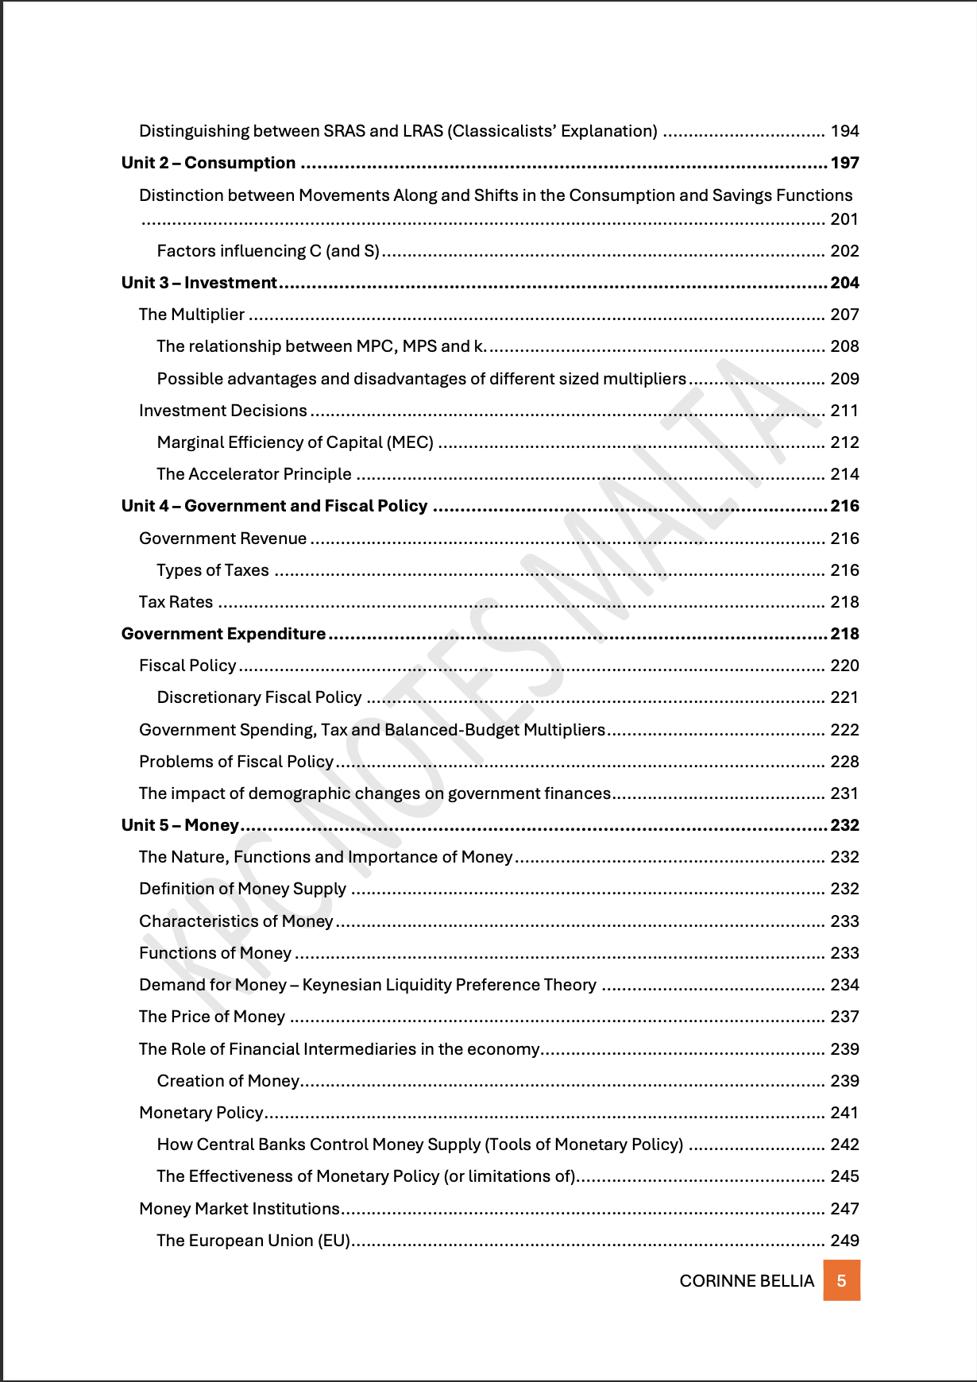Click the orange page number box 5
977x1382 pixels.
(x=841, y=1280)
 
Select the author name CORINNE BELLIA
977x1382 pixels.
(x=747, y=1281)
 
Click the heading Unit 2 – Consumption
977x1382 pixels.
(x=208, y=163)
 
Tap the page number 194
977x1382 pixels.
(x=845, y=131)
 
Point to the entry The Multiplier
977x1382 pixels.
(x=191, y=315)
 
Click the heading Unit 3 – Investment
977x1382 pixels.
(x=199, y=283)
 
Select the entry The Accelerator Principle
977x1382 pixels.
(x=254, y=474)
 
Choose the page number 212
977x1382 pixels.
(x=845, y=442)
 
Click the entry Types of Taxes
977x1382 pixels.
(x=213, y=570)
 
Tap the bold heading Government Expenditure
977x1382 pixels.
(x=223, y=634)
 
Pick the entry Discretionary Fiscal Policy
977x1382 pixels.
(x=259, y=697)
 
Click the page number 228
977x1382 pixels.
(x=845, y=762)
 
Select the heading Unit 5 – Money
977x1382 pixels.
(x=180, y=825)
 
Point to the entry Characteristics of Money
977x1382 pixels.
(x=236, y=921)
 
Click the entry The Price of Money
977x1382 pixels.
(x=212, y=1017)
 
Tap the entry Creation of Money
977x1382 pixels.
(x=228, y=1081)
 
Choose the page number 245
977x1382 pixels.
(x=845, y=1176)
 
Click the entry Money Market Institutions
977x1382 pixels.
(x=239, y=1209)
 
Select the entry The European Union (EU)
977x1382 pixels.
(x=253, y=1241)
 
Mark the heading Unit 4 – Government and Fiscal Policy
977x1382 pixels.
(x=274, y=506)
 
